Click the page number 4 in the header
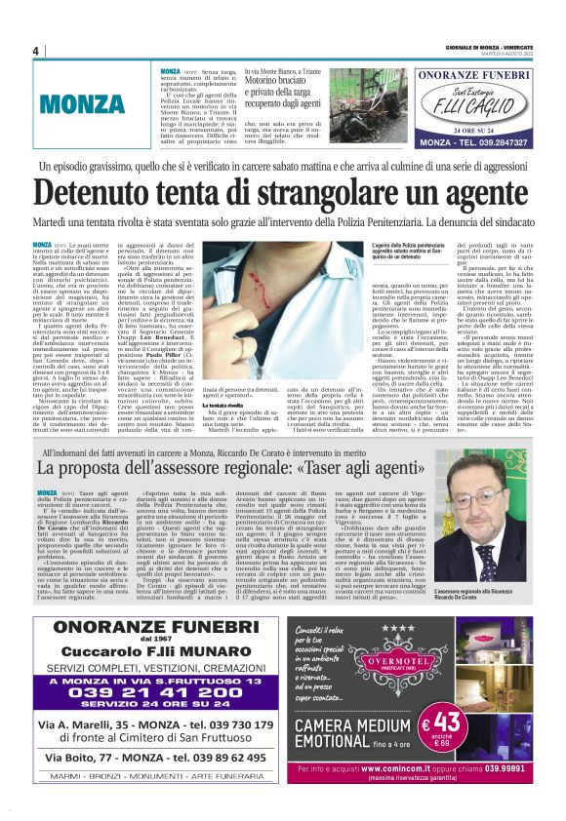coord(35,51)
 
